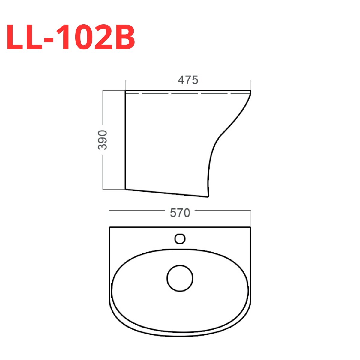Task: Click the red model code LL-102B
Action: click(x=71, y=37)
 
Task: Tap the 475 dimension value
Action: click(x=188, y=80)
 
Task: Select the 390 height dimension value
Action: click(x=103, y=140)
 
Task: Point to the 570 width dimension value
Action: click(x=180, y=213)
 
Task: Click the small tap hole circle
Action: click(x=180, y=239)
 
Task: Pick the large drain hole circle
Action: click(x=180, y=278)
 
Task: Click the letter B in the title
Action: click(x=124, y=37)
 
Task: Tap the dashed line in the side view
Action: click(x=186, y=94)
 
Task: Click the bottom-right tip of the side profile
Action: click(x=208, y=197)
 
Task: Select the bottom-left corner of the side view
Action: click(x=125, y=189)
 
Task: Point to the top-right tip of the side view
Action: click(x=250, y=90)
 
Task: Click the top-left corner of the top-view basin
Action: click(x=110, y=228)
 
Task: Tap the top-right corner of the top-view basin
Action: click(x=250, y=228)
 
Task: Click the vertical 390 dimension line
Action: click(x=103, y=108)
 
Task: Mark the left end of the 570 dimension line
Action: click(x=109, y=211)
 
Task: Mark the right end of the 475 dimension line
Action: click(x=250, y=80)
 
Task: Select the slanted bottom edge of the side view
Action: click(x=166, y=193)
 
